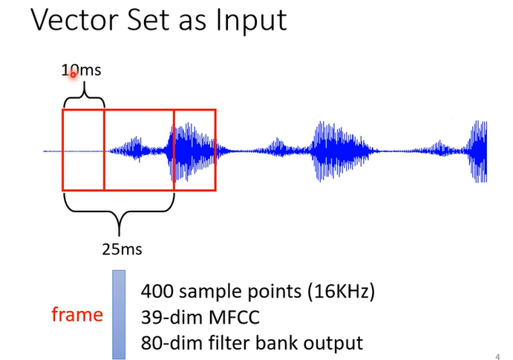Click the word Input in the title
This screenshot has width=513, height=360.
coord(249,20)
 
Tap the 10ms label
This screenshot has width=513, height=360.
coord(81,71)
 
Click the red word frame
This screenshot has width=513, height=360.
coord(77,315)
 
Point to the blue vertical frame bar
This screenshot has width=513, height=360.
coord(119,314)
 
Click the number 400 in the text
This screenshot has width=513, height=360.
coord(156,290)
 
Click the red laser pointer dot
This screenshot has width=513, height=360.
coord(73,74)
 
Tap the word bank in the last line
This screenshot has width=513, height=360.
coord(272,343)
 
